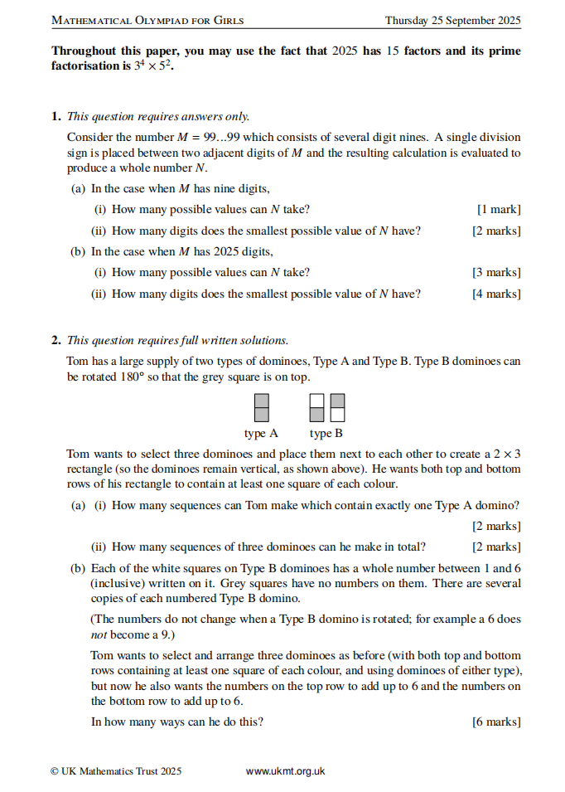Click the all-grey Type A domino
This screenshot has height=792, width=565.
coord(261,408)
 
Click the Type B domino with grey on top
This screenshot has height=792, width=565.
coord(316,408)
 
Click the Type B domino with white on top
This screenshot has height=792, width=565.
coord(337,408)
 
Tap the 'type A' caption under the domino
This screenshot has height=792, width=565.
coord(261,433)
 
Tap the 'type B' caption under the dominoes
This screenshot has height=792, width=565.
coord(326,433)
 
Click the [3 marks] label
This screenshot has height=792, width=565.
coord(496,272)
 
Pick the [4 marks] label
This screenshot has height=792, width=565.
coord(496,294)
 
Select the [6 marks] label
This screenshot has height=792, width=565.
coord(496,722)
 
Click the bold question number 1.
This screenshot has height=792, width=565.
coord(56,116)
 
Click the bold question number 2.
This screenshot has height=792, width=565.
coord(56,340)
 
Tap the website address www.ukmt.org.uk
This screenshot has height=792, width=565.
coord(285,771)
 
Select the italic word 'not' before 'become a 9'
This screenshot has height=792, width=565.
coord(98,634)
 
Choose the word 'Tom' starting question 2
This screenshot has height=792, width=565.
coord(77,361)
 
